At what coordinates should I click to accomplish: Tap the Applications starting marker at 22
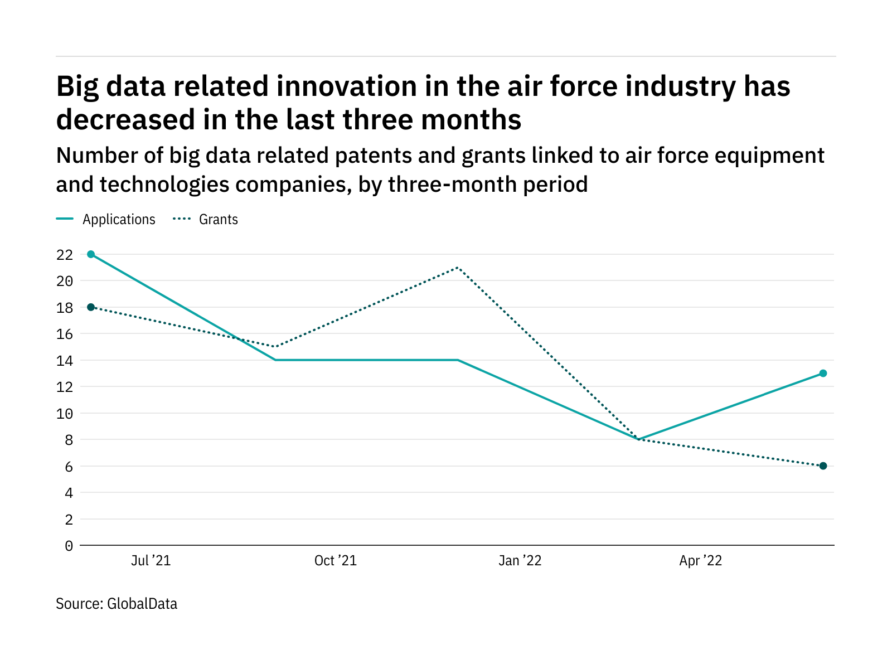pos(91,254)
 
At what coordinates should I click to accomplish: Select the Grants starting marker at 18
pos(91,307)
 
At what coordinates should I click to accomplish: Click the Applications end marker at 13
pos(823,374)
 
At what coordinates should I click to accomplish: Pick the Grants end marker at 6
pos(823,466)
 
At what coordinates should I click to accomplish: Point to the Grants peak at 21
pos(457,268)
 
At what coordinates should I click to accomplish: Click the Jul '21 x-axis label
pos(151,561)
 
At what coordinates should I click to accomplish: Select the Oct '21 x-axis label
pos(335,561)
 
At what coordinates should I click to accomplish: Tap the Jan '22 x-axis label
pos(520,561)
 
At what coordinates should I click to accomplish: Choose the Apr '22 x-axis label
pos(700,561)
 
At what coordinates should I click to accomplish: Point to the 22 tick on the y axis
pos(65,255)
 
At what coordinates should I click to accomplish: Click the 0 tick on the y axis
pos(69,546)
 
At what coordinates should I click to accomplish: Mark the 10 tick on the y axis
pos(65,414)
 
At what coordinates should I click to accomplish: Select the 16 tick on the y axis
pos(65,334)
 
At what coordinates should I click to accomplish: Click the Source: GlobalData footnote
pos(117,604)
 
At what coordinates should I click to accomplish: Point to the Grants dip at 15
pos(275,347)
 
